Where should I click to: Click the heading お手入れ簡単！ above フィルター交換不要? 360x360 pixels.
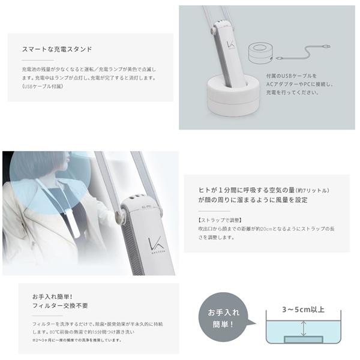pos(52,298)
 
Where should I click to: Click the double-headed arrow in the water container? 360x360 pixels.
pos(304,328)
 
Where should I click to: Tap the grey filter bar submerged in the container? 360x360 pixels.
pos(304,340)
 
